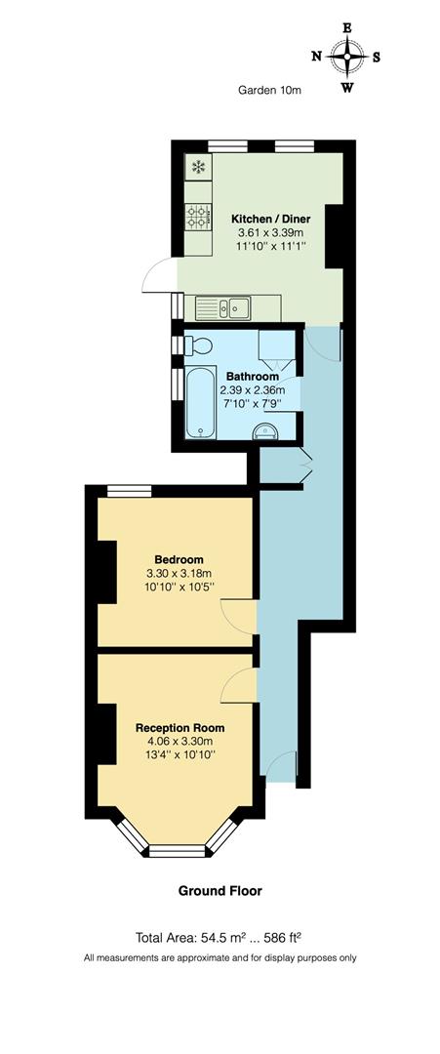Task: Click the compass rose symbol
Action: [x=346, y=56]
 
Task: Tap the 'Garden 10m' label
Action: [x=270, y=91]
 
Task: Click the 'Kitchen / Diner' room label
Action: [x=268, y=219]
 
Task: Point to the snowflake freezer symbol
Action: [x=198, y=167]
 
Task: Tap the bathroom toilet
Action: [x=199, y=345]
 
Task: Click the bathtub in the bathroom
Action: [x=200, y=403]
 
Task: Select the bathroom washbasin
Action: [x=265, y=433]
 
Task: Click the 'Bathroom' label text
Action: [x=253, y=377]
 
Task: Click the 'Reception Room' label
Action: [x=180, y=727]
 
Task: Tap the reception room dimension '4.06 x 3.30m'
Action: [x=180, y=741]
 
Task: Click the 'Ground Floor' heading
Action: [x=220, y=890]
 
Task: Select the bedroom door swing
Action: [x=238, y=613]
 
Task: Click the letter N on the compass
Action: [x=316, y=57]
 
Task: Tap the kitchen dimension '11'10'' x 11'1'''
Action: [x=268, y=248]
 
